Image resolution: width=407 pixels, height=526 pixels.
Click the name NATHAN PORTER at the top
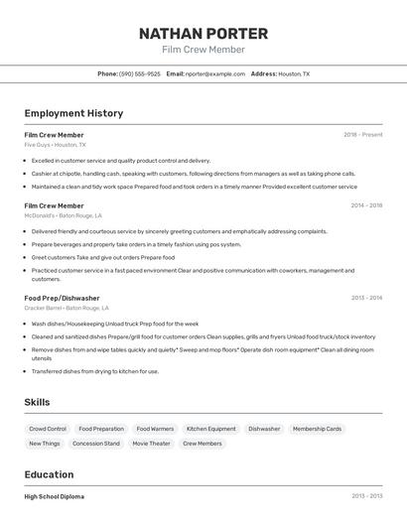click(203, 33)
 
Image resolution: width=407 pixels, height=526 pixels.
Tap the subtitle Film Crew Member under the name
click(203, 50)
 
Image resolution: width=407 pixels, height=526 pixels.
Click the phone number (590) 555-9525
click(139, 74)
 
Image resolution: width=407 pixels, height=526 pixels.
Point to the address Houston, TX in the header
click(293, 74)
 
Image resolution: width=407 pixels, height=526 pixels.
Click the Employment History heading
click(73, 113)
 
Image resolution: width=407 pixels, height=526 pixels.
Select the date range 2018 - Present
click(362, 135)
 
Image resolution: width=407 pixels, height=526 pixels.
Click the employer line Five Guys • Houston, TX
click(55, 145)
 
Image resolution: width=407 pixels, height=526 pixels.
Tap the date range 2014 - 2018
click(366, 205)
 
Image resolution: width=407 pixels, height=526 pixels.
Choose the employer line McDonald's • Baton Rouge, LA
click(63, 215)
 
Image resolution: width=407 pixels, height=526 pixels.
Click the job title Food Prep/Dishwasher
click(62, 298)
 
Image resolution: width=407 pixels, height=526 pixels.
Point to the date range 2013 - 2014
click(366, 298)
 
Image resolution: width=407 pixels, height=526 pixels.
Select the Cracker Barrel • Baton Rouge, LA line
click(68, 308)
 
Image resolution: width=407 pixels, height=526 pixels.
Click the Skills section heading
click(38, 402)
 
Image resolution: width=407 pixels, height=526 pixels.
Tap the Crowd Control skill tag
click(48, 429)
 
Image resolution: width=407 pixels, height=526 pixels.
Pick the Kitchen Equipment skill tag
click(211, 429)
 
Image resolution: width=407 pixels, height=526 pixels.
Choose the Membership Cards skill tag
click(317, 429)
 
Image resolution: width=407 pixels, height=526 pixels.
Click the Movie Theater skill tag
click(151, 444)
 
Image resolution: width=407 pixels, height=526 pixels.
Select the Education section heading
click(49, 474)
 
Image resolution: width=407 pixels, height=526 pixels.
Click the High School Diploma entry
click(55, 496)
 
